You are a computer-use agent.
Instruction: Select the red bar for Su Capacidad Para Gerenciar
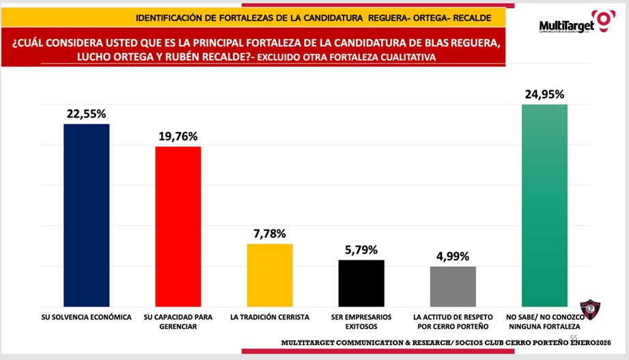pyautogui.click(x=178, y=226)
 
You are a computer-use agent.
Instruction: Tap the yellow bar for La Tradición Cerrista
pyautogui.click(x=269, y=275)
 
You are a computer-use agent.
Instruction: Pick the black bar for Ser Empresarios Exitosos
pyautogui.click(x=361, y=283)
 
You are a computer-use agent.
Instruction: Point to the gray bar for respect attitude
pyautogui.click(x=453, y=286)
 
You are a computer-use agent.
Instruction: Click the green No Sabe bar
pyautogui.click(x=544, y=205)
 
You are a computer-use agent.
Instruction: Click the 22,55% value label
pyautogui.click(x=87, y=114)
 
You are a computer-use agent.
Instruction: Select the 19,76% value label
pyautogui.click(x=178, y=136)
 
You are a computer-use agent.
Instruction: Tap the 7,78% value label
pyautogui.click(x=269, y=234)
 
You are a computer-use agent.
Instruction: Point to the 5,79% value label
pyautogui.click(x=361, y=249)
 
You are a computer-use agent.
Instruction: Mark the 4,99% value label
pyautogui.click(x=453, y=256)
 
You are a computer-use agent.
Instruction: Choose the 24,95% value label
pyautogui.click(x=544, y=94)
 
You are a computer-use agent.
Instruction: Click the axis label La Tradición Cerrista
pyautogui.click(x=270, y=318)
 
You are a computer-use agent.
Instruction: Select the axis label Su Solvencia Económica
pyautogui.click(x=87, y=318)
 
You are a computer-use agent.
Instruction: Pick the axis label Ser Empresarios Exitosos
pyautogui.click(x=361, y=322)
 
